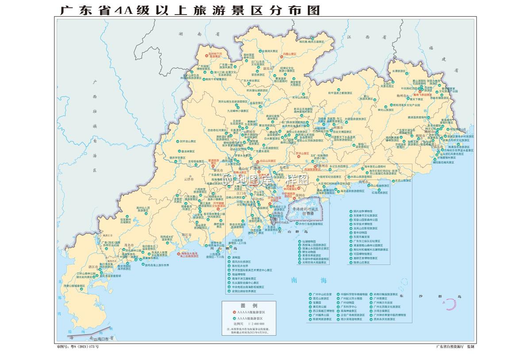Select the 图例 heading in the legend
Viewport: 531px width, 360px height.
click(248, 306)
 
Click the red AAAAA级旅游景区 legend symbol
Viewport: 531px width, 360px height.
click(235, 312)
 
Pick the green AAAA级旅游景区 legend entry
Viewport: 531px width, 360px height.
click(250, 318)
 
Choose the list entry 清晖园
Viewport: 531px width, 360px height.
click(235, 257)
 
